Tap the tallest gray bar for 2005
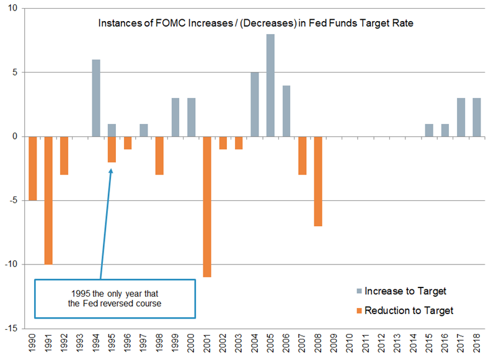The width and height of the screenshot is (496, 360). pos(271,86)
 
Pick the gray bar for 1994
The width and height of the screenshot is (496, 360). pos(96,98)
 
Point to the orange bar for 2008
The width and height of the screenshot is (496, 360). pos(319,181)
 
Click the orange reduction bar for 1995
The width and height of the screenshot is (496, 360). pos(112,149)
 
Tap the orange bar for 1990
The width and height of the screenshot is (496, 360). pos(33,168)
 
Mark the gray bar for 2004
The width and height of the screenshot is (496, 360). pos(255,104)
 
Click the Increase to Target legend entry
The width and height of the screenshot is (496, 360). pos(404,291)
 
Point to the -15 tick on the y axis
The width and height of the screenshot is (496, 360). pos(12,328)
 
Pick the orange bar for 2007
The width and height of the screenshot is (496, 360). pos(303,156)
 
